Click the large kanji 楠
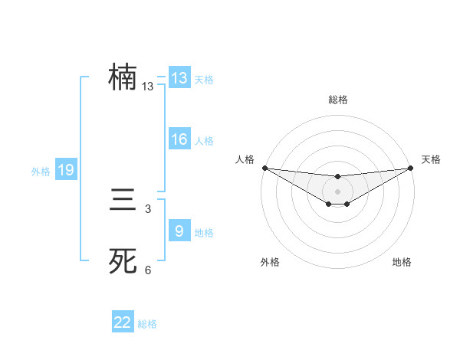[123, 78]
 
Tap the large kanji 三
[123, 202]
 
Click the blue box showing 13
[179, 78]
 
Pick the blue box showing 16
[179, 139]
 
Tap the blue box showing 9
[179, 231]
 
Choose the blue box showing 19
[66, 171]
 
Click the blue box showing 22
[123, 322]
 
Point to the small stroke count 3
[148, 209]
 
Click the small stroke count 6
[148, 270]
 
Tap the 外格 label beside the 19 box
[41, 172]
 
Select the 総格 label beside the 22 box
[147, 324]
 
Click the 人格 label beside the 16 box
[204, 141]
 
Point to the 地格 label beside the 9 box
[204, 233]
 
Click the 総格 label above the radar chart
[337, 100]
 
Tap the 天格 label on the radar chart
[431, 159]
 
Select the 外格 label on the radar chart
[270, 263]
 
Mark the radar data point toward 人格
[264, 168]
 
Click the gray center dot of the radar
[337, 191]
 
